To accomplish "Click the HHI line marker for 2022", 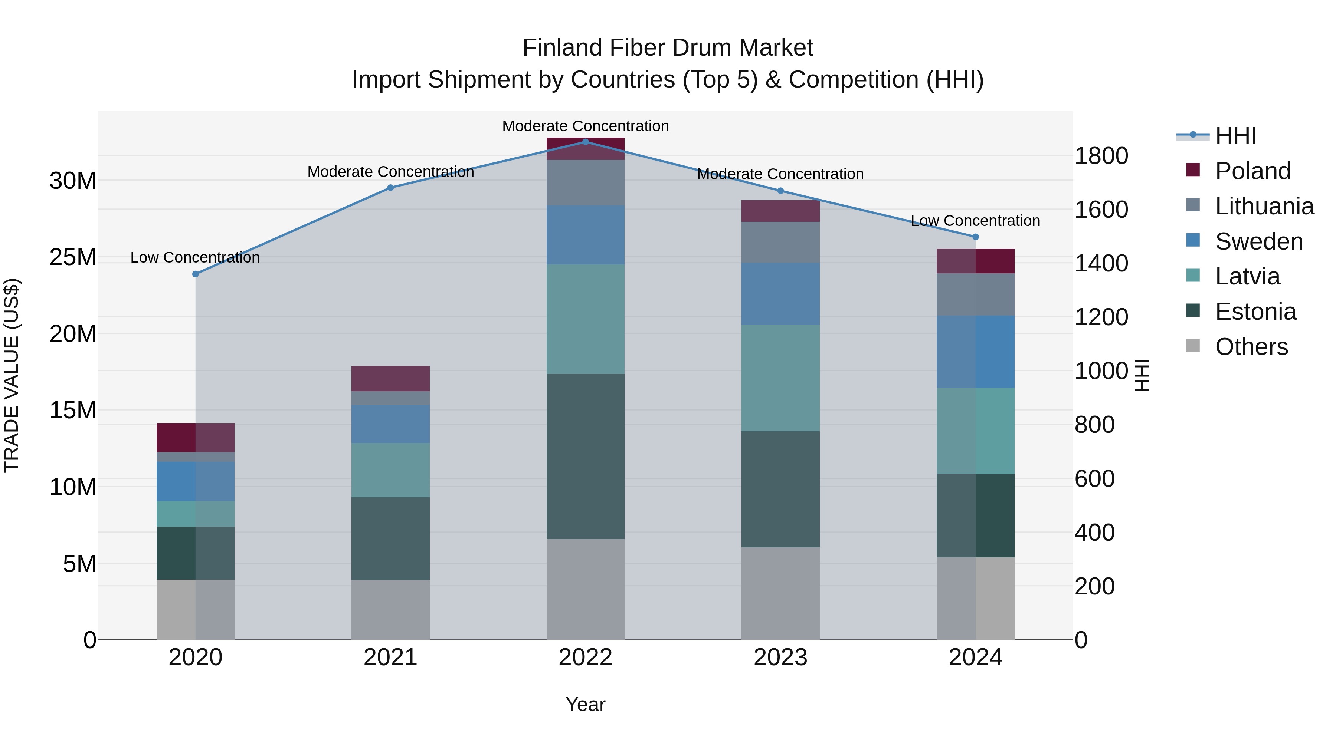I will pos(586,142).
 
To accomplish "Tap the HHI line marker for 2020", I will pos(196,274).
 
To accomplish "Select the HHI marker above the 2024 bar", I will pos(975,237).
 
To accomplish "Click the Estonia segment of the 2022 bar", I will pos(586,456).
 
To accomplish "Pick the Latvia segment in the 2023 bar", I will pos(780,378).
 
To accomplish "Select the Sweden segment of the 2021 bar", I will pos(390,424).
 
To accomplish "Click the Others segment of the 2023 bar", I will pos(780,593).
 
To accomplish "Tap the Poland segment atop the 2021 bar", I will pos(390,378).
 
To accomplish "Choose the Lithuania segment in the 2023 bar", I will pos(780,242).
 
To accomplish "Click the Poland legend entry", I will pos(1252,171).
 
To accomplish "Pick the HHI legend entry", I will pos(1234,136).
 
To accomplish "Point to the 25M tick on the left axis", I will pos(73,257).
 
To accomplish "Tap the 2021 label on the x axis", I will pos(390,658).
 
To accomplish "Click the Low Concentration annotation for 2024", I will pos(975,221).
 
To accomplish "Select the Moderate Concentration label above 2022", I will pos(586,126).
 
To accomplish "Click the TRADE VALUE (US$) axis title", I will pos(12,375).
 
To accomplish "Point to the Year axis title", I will pos(586,704).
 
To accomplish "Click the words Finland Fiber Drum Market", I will pos(668,48).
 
